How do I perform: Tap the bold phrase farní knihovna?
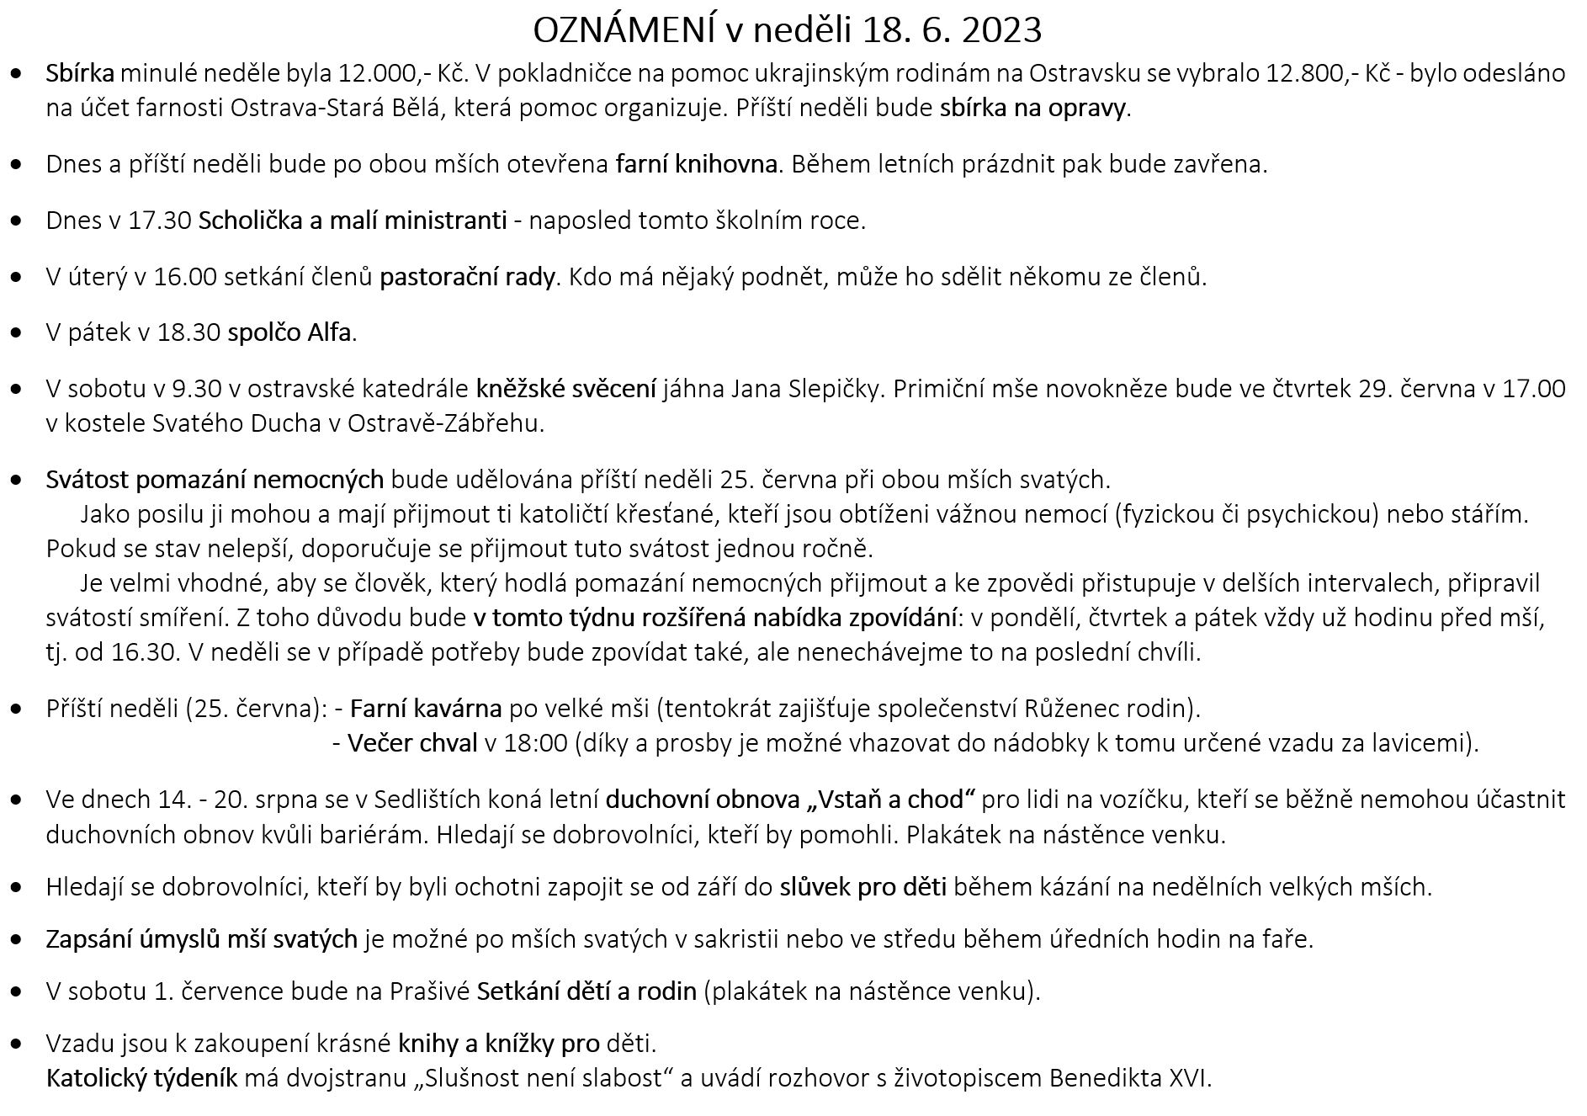696,164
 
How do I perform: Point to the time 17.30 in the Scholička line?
160,221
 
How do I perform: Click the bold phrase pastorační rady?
467,277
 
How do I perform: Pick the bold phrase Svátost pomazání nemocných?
215,480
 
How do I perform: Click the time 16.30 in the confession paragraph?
145,652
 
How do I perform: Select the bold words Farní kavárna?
426,709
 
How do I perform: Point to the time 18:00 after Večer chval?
535,743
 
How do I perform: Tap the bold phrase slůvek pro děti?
863,886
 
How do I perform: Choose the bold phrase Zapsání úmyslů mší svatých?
202,938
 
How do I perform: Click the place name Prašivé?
429,991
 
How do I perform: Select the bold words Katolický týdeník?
142,1078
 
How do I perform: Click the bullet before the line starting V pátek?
17,333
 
